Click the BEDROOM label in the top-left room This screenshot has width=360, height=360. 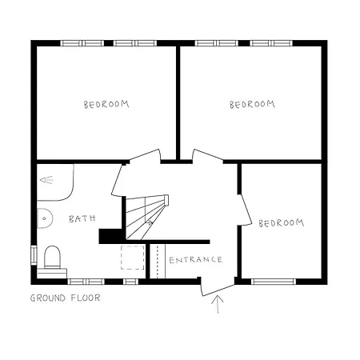(x=106, y=104)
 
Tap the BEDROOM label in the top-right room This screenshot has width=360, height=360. (x=252, y=104)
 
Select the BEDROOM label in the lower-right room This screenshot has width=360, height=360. (x=281, y=222)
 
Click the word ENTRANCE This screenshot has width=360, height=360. (x=195, y=259)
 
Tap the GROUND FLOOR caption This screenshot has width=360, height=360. (x=66, y=298)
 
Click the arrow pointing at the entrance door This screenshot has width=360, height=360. (x=217, y=305)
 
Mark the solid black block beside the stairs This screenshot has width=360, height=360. (x=110, y=236)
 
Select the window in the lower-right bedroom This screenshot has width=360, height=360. (x=274, y=281)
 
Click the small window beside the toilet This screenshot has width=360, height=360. (x=34, y=254)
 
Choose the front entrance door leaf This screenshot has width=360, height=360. (x=214, y=284)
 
